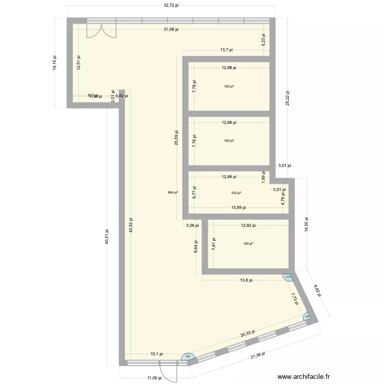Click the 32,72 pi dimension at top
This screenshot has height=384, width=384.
(x=171, y=6)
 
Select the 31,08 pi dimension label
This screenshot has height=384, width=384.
(x=171, y=29)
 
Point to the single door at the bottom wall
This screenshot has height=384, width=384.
(x=167, y=370)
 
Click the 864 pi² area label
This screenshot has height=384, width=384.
(x=173, y=193)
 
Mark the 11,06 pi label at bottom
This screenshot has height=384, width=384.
(x=153, y=378)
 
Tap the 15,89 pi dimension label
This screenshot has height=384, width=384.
(x=238, y=207)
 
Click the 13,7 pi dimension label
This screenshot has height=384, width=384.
(x=226, y=50)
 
